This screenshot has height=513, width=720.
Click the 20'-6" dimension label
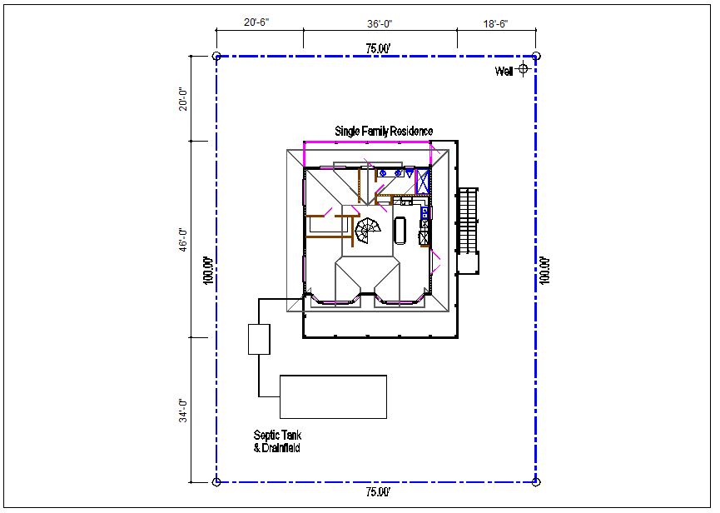(x=256, y=22)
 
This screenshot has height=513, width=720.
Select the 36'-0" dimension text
(x=380, y=24)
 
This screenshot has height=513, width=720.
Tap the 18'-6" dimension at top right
(x=495, y=24)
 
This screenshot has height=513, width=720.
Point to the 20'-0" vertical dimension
(x=183, y=99)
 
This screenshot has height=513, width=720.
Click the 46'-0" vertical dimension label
(x=183, y=239)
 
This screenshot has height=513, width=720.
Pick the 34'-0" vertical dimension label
(x=183, y=411)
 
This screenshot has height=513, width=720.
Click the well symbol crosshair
(x=523, y=69)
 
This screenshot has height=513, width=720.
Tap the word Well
(x=504, y=71)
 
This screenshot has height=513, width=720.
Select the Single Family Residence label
(x=384, y=132)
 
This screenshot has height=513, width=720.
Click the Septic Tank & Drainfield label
(x=277, y=441)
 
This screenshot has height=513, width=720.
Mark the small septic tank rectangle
(x=259, y=340)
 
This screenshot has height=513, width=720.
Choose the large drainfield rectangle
(x=334, y=396)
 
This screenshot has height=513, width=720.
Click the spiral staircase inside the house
(x=368, y=231)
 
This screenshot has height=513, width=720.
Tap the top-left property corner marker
(x=216, y=56)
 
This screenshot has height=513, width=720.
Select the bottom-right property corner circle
(x=536, y=481)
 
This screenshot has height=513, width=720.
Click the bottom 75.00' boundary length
(x=379, y=492)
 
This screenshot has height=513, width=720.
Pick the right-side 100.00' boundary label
(x=544, y=271)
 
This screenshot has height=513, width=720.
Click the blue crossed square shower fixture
(x=423, y=182)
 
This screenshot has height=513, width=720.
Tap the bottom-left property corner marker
(x=216, y=481)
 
